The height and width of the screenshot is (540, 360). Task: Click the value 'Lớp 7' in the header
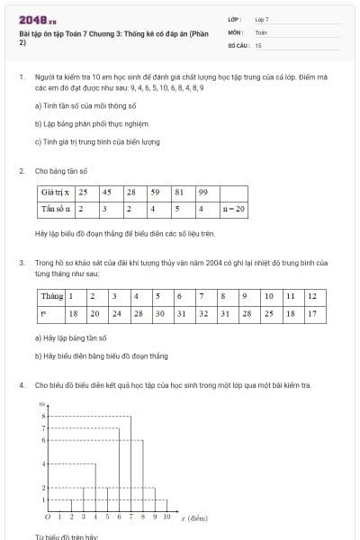point(262,19)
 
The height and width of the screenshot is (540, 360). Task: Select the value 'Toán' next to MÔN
point(261,31)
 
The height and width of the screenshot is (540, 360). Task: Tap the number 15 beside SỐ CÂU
point(258,44)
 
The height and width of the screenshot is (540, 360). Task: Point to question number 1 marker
point(21,78)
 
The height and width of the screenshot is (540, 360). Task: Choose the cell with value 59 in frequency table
point(156,192)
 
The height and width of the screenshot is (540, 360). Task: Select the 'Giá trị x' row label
point(57,192)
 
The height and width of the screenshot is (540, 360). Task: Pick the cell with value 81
point(180,192)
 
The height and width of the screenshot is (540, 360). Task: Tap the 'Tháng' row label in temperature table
point(51,296)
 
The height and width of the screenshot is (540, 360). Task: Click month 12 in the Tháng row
point(311,296)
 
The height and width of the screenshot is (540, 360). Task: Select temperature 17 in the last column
point(311,313)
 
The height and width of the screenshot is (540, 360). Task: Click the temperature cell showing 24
point(116,313)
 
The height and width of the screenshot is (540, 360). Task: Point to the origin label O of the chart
point(47,517)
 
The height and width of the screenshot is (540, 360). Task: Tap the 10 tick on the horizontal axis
point(166,517)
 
